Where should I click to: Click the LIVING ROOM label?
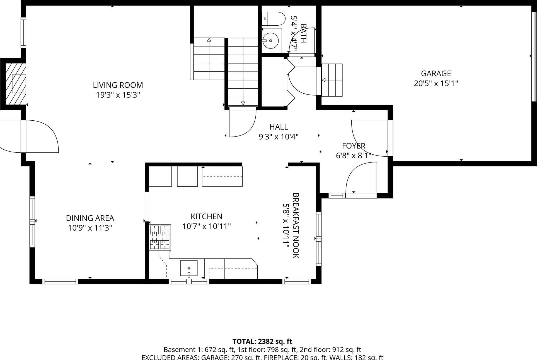pyautogui.click(x=118, y=85)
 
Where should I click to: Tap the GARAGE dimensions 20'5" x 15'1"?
pyautogui.click(x=436, y=83)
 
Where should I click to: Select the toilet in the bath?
pyautogui.click(x=274, y=19)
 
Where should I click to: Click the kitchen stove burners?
pyautogui.click(x=160, y=237)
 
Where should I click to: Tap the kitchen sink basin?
pyautogui.click(x=189, y=268)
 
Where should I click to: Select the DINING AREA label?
pyautogui.click(x=90, y=218)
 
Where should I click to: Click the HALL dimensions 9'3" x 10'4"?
pyautogui.click(x=279, y=137)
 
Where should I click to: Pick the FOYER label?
pyautogui.click(x=354, y=146)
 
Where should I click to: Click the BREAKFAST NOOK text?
pyautogui.click(x=296, y=225)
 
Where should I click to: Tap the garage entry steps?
pyautogui.click(x=332, y=80)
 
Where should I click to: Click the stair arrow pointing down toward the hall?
pyautogui.click(x=243, y=103)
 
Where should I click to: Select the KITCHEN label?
pyautogui.click(x=206, y=216)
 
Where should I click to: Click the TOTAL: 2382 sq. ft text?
pyautogui.click(x=262, y=341)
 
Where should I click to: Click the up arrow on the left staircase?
pyautogui.click(x=209, y=40)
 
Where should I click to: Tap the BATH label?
pyautogui.click(x=303, y=33)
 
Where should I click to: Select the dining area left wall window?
pyautogui.click(x=32, y=222)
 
